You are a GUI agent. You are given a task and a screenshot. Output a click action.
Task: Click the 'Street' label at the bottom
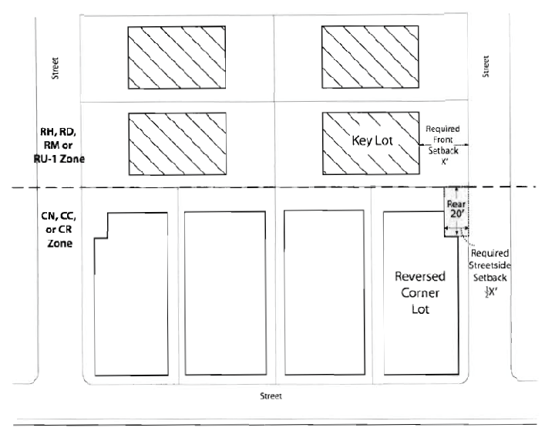coord(271,396)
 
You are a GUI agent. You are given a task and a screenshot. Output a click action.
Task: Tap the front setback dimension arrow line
coord(442,144)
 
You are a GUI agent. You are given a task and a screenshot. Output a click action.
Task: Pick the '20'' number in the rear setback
coord(456,217)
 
